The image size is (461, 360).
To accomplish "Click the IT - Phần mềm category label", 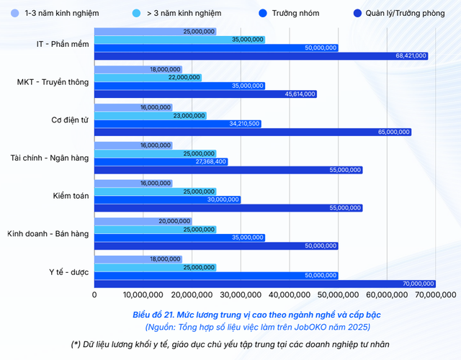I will (x=63, y=44).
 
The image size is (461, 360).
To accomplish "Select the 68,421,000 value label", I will (x=411, y=55).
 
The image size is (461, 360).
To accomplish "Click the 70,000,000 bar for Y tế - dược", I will (x=265, y=284).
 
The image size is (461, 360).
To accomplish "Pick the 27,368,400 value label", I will (x=211, y=162).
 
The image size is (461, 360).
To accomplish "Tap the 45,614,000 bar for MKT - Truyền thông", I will (x=206, y=94).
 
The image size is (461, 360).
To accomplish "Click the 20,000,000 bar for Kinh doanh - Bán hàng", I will (x=143, y=221).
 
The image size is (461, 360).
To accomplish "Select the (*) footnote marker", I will (x=75, y=344).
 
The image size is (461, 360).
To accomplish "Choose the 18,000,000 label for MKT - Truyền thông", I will (x=165, y=70).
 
